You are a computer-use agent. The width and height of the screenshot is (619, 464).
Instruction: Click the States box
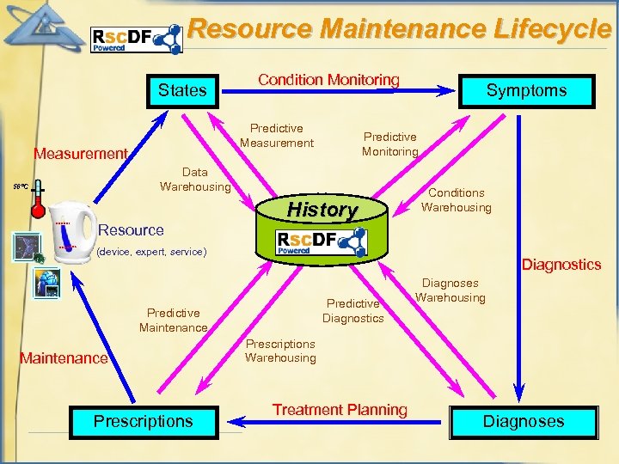point(182,89)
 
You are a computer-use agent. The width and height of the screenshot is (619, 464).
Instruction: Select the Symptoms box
point(526,89)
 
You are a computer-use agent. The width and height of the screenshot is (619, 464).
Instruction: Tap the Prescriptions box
point(143,421)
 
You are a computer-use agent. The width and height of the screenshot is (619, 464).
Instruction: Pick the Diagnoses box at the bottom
point(523,421)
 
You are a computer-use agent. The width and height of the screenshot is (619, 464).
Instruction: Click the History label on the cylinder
point(322,209)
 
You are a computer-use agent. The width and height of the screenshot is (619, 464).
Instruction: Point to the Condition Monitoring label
point(328,80)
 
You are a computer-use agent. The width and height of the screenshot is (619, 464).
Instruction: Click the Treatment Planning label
point(340,410)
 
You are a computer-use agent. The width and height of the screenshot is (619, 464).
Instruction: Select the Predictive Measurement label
point(277,136)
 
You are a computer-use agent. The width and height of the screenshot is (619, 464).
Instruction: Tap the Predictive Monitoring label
point(389,144)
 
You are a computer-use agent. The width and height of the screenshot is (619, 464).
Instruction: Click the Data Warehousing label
point(195,180)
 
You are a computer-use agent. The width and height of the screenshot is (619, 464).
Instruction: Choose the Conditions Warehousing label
point(456,200)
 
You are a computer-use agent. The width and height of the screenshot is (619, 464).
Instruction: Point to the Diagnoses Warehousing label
point(450,290)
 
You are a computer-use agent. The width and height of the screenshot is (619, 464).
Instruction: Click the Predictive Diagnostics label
point(352,310)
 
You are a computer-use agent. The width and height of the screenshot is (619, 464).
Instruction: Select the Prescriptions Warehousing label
point(280,351)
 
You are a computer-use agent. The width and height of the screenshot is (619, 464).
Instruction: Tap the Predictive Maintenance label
point(173,320)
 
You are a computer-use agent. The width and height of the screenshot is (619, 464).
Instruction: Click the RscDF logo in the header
point(137,39)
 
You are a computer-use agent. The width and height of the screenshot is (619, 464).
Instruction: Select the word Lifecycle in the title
point(553,28)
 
